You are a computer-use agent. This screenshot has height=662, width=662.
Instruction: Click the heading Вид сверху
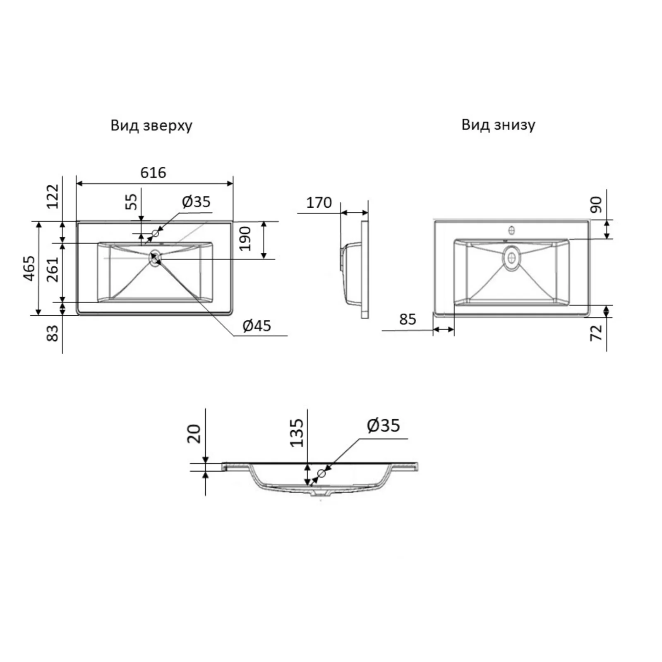point(151,125)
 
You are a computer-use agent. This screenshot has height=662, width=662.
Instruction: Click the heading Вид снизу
point(498,124)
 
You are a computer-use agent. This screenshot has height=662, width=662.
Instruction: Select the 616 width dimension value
point(153,173)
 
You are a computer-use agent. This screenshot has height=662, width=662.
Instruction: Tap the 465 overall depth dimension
point(29,269)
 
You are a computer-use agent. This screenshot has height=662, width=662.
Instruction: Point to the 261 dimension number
point(53,269)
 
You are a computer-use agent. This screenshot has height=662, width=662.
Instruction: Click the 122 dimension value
point(53,196)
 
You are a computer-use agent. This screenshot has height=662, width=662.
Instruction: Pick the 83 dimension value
point(53,333)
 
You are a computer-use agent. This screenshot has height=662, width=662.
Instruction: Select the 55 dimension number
point(131,201)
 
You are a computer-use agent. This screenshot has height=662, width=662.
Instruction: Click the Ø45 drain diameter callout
point(257,326)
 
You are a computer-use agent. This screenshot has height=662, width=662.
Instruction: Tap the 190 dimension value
point(245,238)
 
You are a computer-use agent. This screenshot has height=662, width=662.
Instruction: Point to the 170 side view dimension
point(319,202)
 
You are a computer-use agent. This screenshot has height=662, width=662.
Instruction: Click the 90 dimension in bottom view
point(596,205)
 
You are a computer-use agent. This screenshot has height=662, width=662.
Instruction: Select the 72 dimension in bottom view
point(596,333)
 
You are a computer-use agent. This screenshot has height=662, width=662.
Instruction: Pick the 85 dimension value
point(408,319)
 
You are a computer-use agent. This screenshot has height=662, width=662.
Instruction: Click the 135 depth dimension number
point(297,433)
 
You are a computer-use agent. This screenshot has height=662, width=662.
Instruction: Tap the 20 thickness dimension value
point(194,434)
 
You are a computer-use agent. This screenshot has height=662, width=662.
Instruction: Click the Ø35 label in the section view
point(384,425)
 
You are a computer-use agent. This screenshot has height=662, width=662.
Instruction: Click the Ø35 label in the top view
point(196,201)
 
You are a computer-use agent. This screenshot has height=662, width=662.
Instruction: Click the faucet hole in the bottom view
point(512,230)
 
